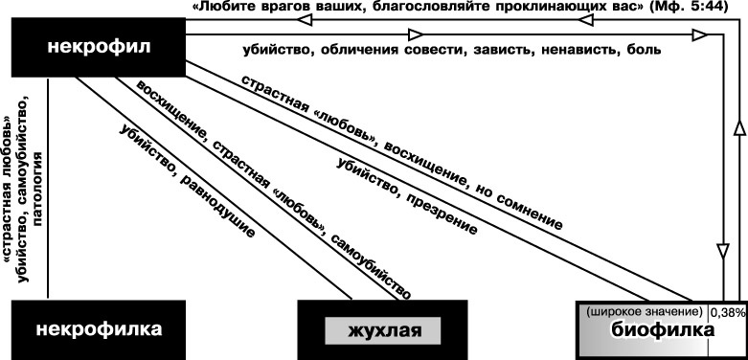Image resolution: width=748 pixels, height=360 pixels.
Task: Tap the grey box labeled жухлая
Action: [382, 332]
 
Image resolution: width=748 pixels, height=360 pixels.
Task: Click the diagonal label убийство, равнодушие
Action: [187, 181]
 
